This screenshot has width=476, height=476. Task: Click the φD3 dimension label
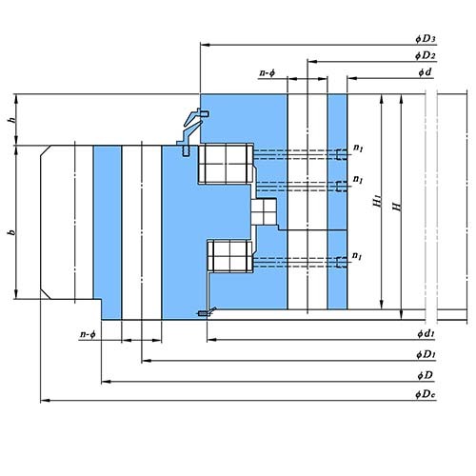pos(426,39)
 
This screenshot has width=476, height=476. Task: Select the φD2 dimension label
pos(426,55)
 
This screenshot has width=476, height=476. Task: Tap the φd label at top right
pos(425,72)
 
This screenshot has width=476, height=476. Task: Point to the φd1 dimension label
pos(426,333)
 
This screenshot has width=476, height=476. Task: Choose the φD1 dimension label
pos(426,354)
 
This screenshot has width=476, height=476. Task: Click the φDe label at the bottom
pos(426,394)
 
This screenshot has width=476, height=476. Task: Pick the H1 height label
pos(377,201)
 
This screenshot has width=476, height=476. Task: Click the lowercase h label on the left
pos(12,120)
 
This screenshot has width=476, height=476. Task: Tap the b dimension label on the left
pos(12,232)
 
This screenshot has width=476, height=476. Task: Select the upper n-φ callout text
pos(268,73)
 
